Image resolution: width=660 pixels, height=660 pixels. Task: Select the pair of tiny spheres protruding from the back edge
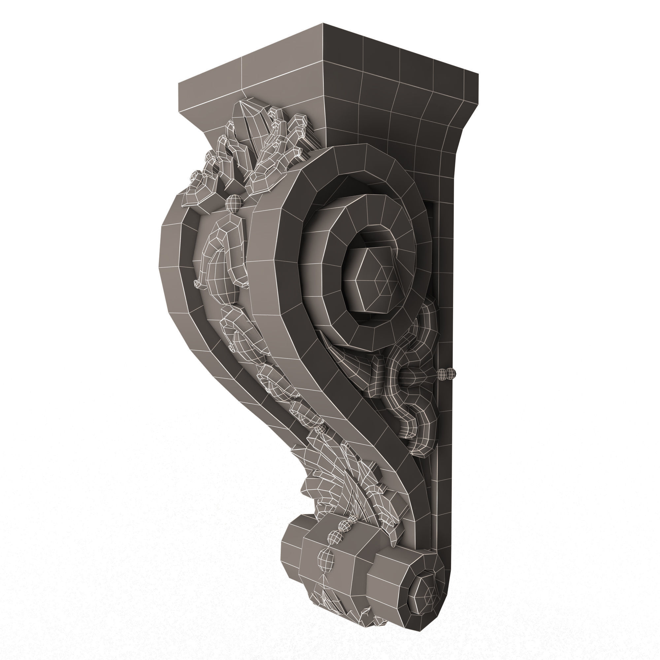(447, 374)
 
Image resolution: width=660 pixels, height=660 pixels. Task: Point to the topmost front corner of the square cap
(323, 24)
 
